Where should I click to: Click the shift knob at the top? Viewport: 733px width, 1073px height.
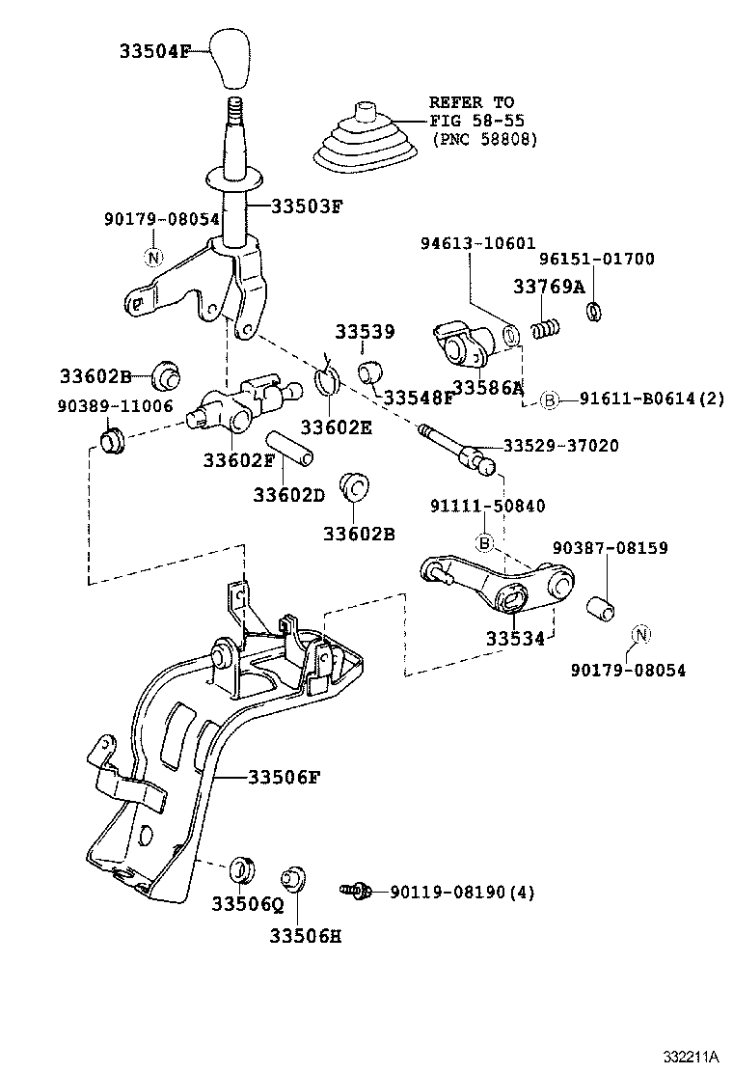point(231,58)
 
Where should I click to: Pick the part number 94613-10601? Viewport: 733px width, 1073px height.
point(477,244)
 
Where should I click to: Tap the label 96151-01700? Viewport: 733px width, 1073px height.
point(596,259)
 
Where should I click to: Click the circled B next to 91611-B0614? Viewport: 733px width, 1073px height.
point(548,399)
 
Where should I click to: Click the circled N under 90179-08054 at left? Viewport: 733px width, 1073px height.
point(152,257)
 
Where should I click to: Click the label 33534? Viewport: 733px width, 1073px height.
point(515,638)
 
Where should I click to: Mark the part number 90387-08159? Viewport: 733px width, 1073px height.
point(611,548)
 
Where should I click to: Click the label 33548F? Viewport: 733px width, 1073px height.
point(418,398)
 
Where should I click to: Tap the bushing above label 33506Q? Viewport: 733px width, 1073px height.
point(240,868)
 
